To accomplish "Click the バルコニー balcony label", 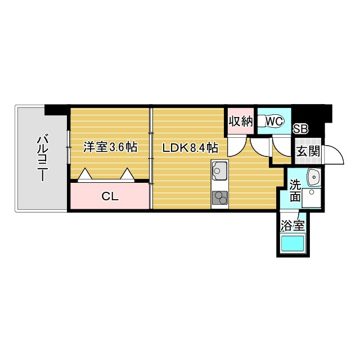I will pyautogui.click(x=41, y=157).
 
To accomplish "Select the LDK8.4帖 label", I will pyautogui.click(x=190, y=148).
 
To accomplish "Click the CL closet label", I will pyautogui.click(x=109, y=196).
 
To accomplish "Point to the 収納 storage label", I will pyautogui.click(x=241, y=121).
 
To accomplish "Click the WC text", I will pyautogui.click(x=274, y=121).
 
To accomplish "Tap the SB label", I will pyautogui.click(x=301, y=129).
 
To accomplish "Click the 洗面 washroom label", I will pyautogui.click(x=295, y=190).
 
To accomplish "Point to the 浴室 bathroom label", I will pyautogui.click(x=292, y=226).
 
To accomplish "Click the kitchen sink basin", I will pyautogui.click(x=218, y=169).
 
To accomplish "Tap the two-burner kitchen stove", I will pyautogui.click(x=219, y=198).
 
